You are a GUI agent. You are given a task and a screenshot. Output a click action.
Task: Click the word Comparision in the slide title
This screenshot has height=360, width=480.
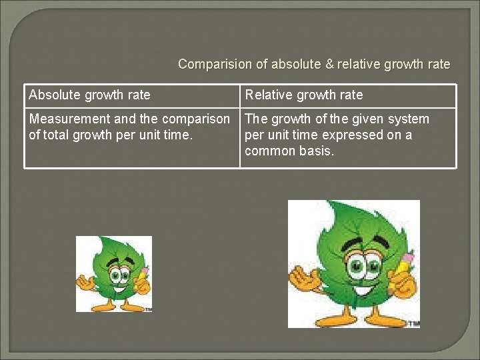point(215,65)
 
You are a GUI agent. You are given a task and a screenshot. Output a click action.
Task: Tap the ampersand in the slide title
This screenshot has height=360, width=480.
point(329,65)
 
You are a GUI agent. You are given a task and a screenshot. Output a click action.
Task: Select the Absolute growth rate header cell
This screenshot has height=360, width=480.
point(90,95)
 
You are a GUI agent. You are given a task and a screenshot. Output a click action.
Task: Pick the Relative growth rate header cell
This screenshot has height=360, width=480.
point(304,95)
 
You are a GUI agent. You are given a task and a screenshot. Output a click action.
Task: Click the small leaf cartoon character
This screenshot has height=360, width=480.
point(113,273)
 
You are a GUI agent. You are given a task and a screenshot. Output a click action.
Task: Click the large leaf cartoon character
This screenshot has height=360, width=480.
point(353,263)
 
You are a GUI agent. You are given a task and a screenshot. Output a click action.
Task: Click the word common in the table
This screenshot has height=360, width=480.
point(271,151)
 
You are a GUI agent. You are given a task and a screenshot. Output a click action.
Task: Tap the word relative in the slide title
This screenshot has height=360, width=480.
point(364,65)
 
